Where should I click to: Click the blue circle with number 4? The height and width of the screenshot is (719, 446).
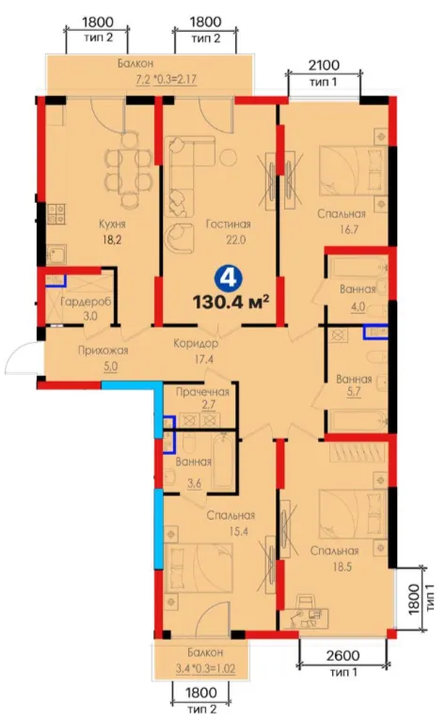click(x=226, y=277)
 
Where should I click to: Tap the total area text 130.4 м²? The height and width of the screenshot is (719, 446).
click(x=231, y=303)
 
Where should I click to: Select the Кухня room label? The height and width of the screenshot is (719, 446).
click(x=112, y=225)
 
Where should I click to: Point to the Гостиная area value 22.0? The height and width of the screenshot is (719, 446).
click(x=235, y=240)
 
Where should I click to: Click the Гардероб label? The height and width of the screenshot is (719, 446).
click(x=86, y=303)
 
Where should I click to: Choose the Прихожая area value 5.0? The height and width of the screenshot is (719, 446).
click(x=110, y=367)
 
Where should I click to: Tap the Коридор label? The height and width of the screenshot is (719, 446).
click(x=196, y=343)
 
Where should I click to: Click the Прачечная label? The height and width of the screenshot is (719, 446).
click(x=202, y=392)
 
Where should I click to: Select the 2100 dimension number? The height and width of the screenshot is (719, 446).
click(x=324, y=66)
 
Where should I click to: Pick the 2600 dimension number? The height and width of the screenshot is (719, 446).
click(x=342, y=656)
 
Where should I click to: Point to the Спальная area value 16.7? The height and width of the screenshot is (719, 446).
click(x=349, y=228)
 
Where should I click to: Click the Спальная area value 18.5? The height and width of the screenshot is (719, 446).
click(x=342, y=567)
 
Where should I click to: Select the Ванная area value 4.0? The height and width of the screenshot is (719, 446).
click(x=358, y=305)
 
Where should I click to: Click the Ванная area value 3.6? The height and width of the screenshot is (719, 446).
click(x=194, y=482)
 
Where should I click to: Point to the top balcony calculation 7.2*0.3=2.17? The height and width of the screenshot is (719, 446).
click(x=166, y=79)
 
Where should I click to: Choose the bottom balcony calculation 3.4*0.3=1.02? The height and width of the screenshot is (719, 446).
click(x=205, y=668)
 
